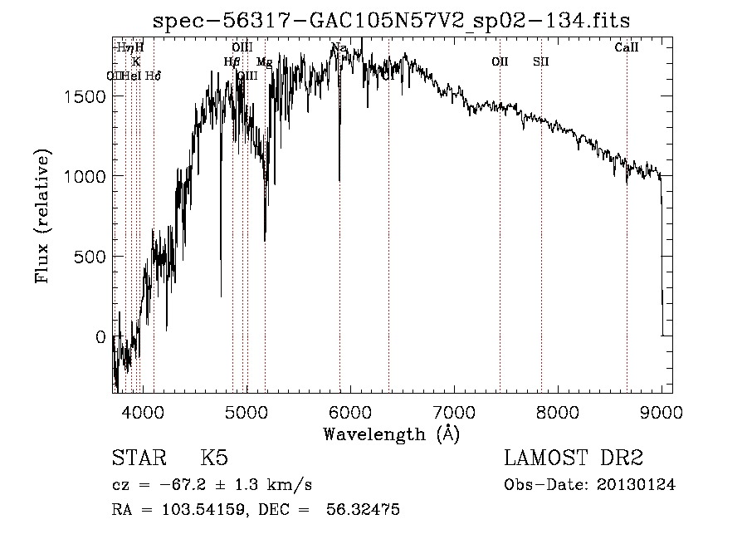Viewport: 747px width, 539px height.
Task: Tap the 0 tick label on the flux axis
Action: (100, 337)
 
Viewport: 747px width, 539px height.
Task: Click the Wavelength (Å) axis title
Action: (391, 434)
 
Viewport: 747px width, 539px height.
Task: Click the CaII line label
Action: (627, 48)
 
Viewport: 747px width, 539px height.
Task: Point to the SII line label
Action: (541, 61)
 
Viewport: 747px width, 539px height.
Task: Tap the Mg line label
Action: (264, 62)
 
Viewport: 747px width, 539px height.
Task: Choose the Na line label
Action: (338, 48)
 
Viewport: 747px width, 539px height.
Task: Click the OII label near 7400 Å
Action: (500, 61)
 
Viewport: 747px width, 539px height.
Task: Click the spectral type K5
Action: (214, 459)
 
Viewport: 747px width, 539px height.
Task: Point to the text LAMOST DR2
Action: (574, 459)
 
